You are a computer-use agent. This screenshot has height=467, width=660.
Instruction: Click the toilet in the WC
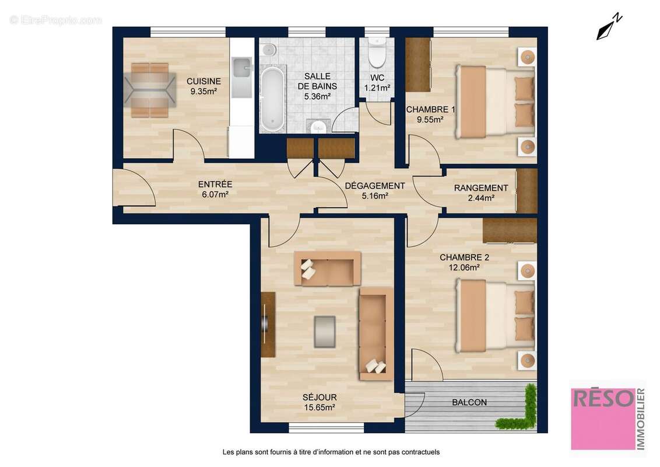point(377,54)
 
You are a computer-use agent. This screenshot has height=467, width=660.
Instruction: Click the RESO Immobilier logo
point(607,415)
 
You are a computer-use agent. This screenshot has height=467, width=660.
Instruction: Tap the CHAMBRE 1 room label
point(430,110)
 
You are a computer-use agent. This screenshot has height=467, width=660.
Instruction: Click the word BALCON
point(469,402)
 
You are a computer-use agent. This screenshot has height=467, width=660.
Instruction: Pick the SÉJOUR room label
point(320,398)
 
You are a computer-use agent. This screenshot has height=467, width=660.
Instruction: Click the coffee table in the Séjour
point(324,330)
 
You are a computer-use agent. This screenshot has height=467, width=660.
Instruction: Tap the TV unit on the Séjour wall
point(267,325)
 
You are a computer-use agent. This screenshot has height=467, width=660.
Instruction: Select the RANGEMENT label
point(481,188)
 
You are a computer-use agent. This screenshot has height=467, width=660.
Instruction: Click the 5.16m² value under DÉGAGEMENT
point(375,196)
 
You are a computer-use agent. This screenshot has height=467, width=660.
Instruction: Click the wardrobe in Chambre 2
point(510,231)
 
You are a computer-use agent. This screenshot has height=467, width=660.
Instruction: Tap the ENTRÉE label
point(215,184)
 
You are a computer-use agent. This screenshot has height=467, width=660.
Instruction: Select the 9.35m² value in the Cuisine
point(203,91)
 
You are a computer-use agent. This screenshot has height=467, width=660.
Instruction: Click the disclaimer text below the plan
point(331,452)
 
